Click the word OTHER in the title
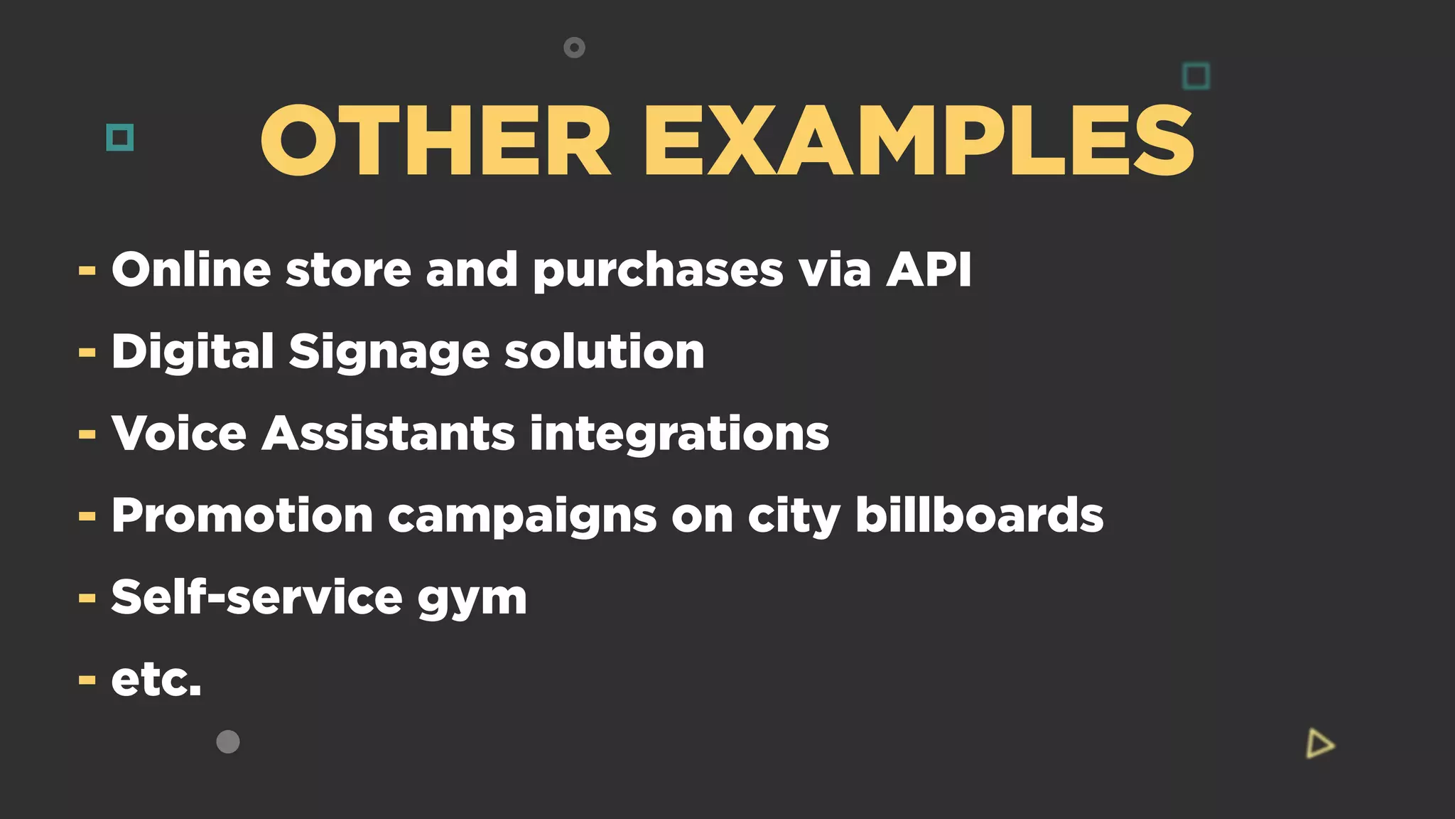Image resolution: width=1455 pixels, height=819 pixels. pos(436,141)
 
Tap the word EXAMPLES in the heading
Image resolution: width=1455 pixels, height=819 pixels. pos(919,141)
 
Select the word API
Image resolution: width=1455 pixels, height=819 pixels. pos(929,270)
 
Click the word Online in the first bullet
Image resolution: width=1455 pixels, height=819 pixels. pos(191,270)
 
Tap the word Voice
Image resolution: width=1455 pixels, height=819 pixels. pos(179,434)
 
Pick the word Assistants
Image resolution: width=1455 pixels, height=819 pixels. pos(388,434)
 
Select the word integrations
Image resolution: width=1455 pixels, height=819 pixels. pos(679,435)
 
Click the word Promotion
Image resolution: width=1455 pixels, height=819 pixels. pos(242,515)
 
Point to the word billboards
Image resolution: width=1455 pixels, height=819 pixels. pos(979,515)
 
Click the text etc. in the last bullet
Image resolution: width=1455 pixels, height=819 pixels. pos(156,680)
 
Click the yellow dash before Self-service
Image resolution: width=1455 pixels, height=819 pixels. pos(87,599)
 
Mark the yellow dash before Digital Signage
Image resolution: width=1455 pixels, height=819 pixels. pos(87,353)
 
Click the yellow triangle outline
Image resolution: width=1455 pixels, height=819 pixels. pos(1319,744)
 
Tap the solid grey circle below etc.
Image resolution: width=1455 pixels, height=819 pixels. pos(228,742)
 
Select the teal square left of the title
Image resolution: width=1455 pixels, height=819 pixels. pos(119,137)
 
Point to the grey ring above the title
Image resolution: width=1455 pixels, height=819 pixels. pos(574,48)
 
